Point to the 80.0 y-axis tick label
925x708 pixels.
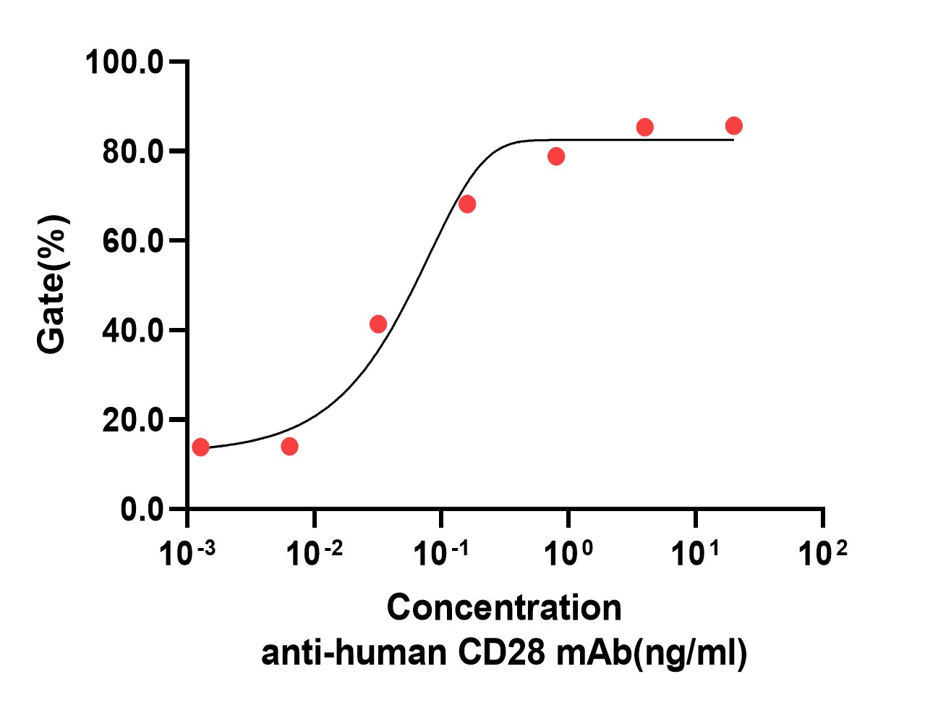click(x=134, y=152)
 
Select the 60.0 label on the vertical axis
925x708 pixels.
click(x=134, y=241)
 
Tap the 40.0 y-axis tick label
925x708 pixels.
click(x=134, y=331)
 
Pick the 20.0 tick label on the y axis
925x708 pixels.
click(x=134, y=421)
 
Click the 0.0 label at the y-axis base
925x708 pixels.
click(x=142, y=510)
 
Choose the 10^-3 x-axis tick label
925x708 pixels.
click(x=187, y=554)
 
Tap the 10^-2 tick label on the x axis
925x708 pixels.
click(x=314, y=554)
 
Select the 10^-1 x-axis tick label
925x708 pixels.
click(x=440, y=554)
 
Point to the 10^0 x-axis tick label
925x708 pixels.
click(x=568, y=554)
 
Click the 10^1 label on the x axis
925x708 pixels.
click(x=695, y=554)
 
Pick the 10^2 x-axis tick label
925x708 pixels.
click(x=822, y=554)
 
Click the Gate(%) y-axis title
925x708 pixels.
click(x=53, y=285)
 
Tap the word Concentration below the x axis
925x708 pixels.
click(x=504, y=607)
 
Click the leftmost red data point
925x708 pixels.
click(x=200, y=447)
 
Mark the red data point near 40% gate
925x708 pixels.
click(x=378, y=324)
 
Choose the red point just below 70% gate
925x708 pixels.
click(x=467, y=204)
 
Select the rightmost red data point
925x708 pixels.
click(x=733, y=126)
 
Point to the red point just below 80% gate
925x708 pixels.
click(x=556, y=156)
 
